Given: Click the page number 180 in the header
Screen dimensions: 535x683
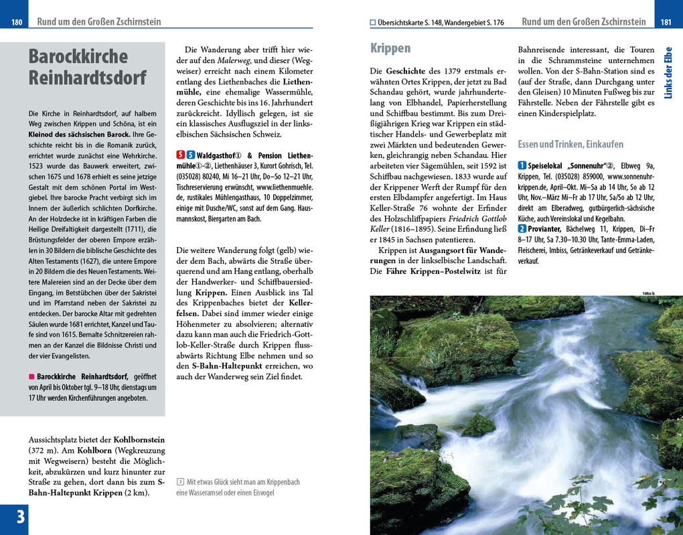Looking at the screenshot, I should click(17, 22).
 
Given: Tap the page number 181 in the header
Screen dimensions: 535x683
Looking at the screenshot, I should click(666, 22).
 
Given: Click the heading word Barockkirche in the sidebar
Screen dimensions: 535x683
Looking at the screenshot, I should click(78, 56).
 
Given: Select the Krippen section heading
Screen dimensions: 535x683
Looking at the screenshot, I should click(390, 48).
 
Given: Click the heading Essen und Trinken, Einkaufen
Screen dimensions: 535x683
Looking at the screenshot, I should click(571, 144).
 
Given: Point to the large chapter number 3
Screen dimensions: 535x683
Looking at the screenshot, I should click(20, 517).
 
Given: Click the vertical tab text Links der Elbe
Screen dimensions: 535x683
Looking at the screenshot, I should click(668, 72).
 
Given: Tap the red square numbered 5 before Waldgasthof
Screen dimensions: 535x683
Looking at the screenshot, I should click(180, 155).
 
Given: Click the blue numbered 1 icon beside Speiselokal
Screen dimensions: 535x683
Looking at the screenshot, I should click(522, 165).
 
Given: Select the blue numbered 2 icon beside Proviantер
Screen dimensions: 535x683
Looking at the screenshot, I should click(522, 229).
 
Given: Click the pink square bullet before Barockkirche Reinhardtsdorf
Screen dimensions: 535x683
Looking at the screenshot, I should click(31, 377).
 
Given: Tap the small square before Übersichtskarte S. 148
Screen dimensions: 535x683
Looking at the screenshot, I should click(373, 23).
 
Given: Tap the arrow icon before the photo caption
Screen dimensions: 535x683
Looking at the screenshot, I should click(180, 481).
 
